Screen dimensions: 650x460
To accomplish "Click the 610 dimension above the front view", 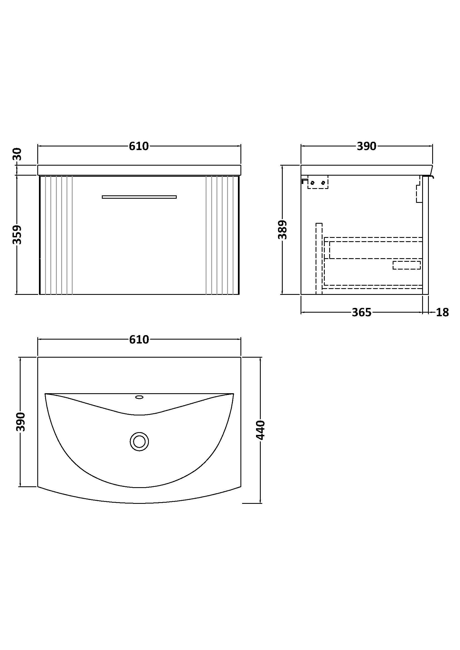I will (x=139, y=146).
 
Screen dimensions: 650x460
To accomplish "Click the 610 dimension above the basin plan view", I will (x=139, y=339).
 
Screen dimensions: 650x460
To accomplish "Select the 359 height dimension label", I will (x=18, y=235).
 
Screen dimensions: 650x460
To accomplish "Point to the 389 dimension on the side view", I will (x=282, y=230).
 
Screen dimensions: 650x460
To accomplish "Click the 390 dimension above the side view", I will (x=366, y=146).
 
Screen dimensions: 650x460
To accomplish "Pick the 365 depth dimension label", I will (x=361, y=312).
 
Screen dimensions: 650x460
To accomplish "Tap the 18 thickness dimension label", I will (x=442, y=312).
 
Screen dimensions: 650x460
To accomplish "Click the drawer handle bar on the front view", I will (x=139, y=197).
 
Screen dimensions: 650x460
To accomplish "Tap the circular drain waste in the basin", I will (x=139, y=441).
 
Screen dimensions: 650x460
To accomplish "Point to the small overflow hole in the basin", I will (x=139, y=397).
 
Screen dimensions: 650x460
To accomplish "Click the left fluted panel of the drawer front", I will (x=56, y=235).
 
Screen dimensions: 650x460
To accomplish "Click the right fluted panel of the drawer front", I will (x=222, y=235).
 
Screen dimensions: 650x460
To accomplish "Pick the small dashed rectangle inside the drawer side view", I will (x=406, y=265).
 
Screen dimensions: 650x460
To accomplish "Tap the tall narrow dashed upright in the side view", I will (x=319, y=258).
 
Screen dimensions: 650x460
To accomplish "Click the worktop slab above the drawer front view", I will (x=139, y=170).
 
